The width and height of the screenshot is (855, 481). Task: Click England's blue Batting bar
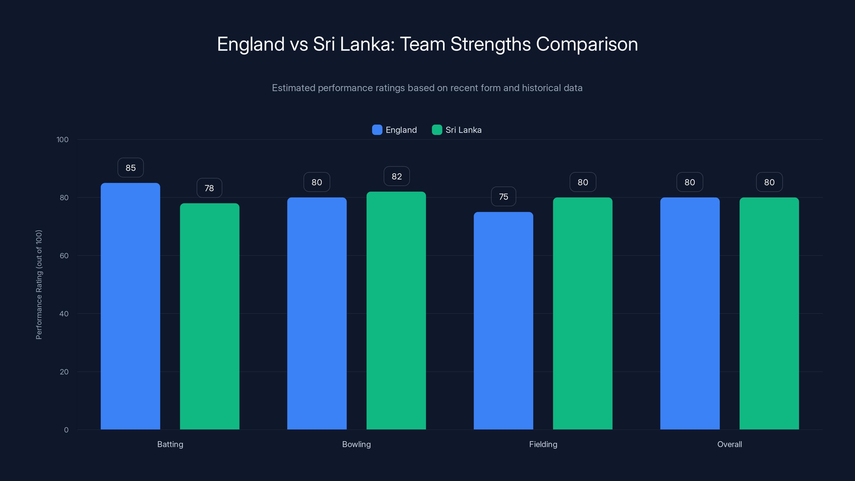click(130, 306)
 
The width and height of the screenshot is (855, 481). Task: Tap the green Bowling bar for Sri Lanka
click(396, 310)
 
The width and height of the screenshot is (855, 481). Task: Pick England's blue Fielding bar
click(503, 320)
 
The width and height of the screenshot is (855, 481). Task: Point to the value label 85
click(130, 168)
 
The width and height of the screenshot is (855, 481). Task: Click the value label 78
click(209, 188)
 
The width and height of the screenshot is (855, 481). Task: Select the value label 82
click(396, 176)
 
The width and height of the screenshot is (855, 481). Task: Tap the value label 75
click(503, 196)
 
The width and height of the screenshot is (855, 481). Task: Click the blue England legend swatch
click(377, 130)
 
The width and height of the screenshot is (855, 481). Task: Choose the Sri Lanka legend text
click(463, 130)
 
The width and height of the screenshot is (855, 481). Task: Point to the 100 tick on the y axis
click(63, 139)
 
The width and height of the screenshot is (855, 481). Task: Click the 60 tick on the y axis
click(64, 256)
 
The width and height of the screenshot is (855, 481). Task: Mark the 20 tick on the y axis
click(64, 372)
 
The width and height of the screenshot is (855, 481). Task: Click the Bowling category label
click(356, 444)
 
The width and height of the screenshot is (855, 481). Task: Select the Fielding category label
click(543, 444)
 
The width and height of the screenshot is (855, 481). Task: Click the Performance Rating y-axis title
click(39, 285)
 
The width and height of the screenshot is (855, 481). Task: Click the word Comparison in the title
click(586, 44)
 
